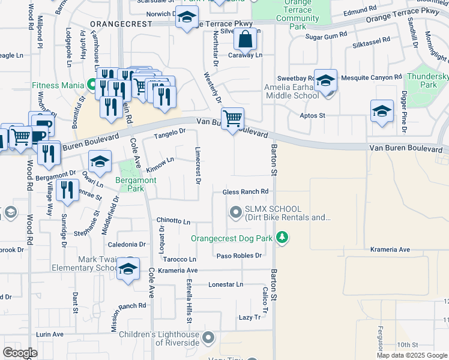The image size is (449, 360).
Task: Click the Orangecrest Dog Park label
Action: click(x=232, y=238)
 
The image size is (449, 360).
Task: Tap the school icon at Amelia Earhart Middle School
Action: click(x=325, y=79)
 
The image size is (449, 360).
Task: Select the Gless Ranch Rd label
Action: click(x=245, y=192)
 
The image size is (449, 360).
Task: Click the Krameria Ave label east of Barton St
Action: click(x=390, y=250)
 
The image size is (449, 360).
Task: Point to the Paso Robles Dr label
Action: click(x=240, y=256)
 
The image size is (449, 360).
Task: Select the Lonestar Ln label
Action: click(x=226, y=284)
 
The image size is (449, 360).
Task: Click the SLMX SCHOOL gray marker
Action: click(x=235, y=211)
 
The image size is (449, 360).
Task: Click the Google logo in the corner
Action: click(x=20, y=353)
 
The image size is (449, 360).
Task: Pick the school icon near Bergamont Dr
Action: click(x=100, y=161)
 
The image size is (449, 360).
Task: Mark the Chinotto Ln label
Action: click(x=173, y=221)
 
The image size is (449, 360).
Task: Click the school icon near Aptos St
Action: click(x=382, y=111)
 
